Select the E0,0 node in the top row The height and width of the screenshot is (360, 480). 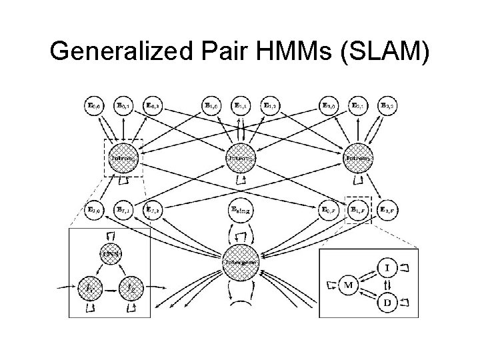point(96,105)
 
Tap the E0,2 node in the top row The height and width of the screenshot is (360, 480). point(155,105)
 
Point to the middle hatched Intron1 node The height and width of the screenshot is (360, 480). point(241,159)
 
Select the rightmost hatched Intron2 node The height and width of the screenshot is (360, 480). point(357,159)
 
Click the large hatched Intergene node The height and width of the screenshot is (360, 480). point(241,261)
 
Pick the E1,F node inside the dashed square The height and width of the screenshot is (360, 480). point(357,209)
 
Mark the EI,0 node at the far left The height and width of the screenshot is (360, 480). point(95,209)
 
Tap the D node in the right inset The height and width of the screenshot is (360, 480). point(388,303)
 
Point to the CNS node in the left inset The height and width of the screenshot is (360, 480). point(109,254)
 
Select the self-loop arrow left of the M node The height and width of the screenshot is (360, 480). point(331,285)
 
